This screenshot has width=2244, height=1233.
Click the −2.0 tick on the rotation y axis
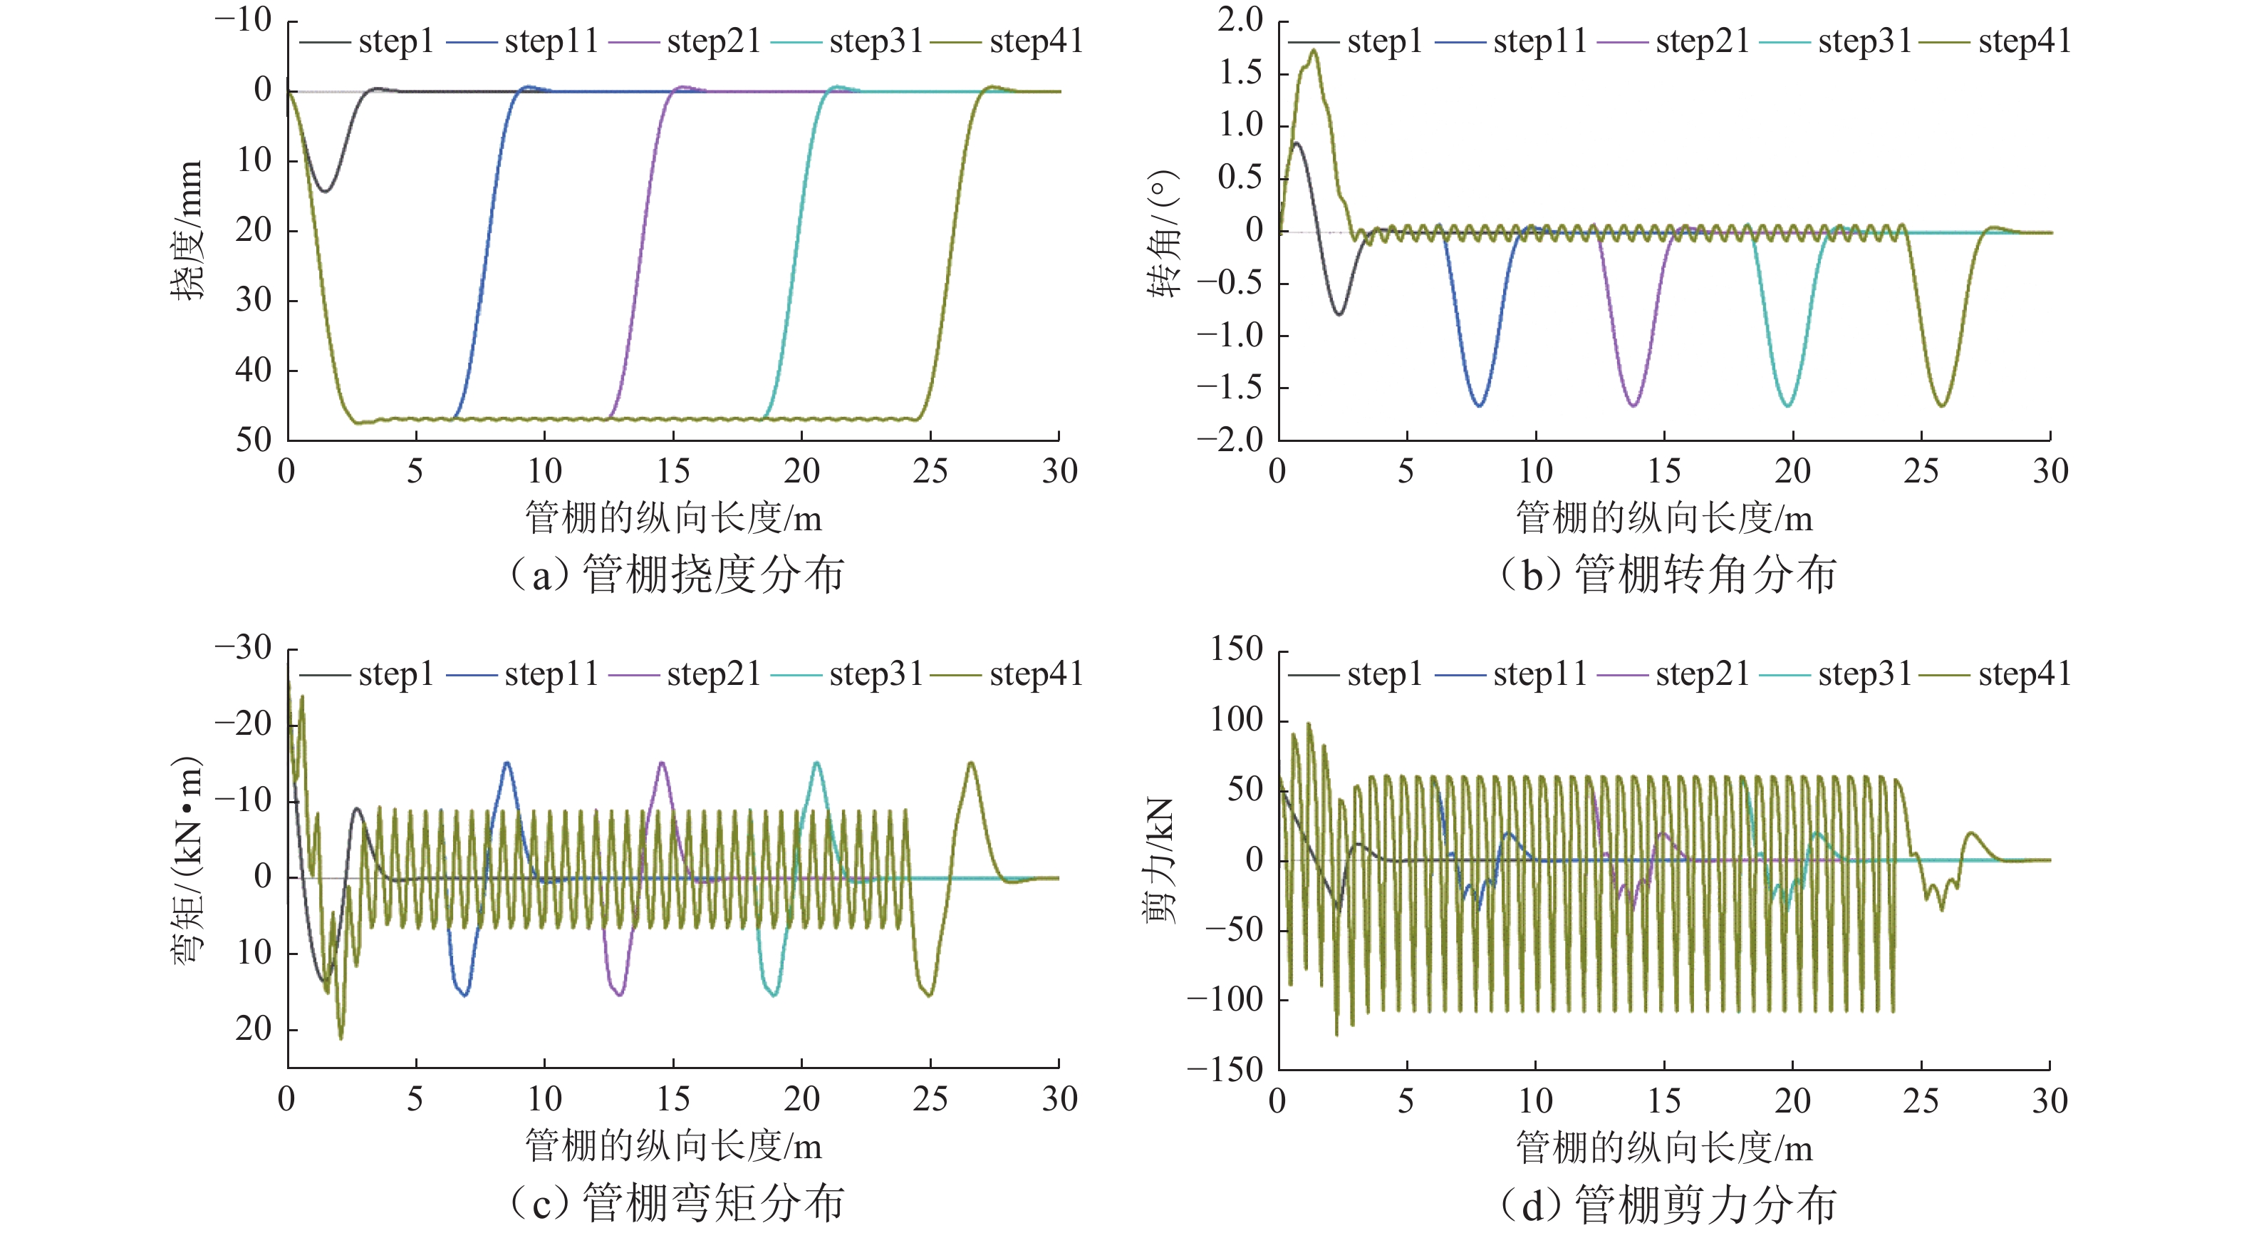(x=1230, y=440)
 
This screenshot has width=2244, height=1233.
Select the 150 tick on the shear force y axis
(x=1236, y=650)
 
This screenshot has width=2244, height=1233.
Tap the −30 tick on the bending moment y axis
(x=244, y=649)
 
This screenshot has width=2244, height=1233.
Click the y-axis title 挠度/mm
(x=187, y=231)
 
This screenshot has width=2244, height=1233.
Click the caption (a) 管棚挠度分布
(x=676, y=575)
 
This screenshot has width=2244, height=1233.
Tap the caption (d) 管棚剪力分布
(x=1667, y=1204)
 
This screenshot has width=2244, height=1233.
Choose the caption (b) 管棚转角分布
(x=1667, y=575)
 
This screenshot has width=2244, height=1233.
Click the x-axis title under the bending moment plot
(x=673, y=1147)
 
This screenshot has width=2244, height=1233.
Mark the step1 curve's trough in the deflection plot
(x=325, y=191)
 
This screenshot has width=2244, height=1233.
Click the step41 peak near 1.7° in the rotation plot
(x=1313, y=51)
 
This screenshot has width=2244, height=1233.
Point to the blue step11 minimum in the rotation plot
(x=1479, y=406)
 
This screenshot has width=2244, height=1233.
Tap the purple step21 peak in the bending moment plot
(x=662, y=763)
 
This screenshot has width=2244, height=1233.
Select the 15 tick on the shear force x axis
(x=1664, y=1101)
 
